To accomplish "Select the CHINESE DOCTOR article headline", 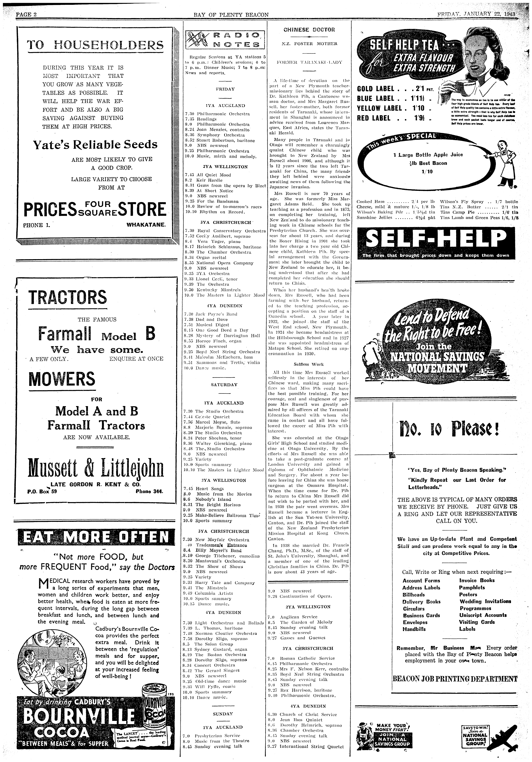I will click(x=309, y=30).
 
